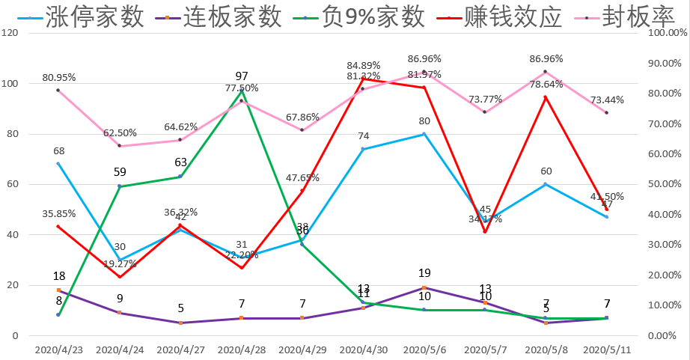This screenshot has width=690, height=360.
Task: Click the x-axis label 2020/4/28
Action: [x=241, y=350]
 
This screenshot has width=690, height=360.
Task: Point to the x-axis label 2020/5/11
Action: [x=606, y=350]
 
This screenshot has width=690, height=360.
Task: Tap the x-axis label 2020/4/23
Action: [x=58, y=350]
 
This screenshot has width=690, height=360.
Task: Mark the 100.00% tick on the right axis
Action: [x=665, y=33]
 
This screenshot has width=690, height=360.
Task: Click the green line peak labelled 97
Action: [x=242, y=91]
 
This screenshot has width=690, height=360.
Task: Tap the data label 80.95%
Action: [x=59, y=77]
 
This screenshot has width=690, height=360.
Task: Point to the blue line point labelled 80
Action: [x=424, y=134]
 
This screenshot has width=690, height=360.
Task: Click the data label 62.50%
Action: [x=120, y=132]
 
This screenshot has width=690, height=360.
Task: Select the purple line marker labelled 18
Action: [x=58, y=290]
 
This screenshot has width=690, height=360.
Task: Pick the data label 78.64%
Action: [x=546, y=84]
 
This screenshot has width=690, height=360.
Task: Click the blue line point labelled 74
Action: [x=363, y=149]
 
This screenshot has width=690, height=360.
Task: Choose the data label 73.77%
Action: [x=484, y=99]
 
